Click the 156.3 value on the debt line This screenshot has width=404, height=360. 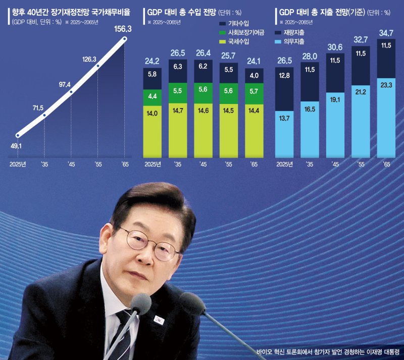click(x=122, y=29)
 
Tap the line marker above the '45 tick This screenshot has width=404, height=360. click(x=71, y=92)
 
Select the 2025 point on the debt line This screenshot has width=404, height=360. click(x=18, y=135)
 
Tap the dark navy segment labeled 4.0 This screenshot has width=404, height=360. click(x=255, y=76)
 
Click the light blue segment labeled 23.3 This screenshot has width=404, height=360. click(x=386, y=114)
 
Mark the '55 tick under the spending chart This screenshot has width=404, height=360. click(x=361, y=164)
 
